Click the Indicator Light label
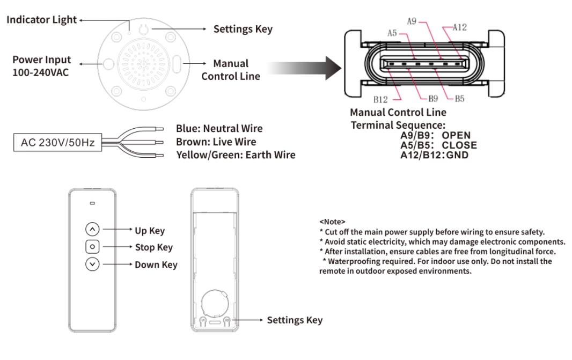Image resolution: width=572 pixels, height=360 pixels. pyautogui.click(x=42, y=20)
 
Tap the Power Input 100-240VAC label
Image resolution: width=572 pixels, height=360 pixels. pyautogui.click(x=41, y=65)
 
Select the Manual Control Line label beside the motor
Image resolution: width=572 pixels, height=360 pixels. pyautogui.click(x=231, y=70)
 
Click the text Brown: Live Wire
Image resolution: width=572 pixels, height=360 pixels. pyautogui.click(x=216, y=142)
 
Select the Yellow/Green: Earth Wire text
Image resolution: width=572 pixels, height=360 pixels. pyautogui.click(x=236, y=155)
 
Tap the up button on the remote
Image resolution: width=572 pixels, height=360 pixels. pyautogui.click(x=92, y=230)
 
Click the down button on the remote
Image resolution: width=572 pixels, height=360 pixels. pyautogui.click(x=92, y=264)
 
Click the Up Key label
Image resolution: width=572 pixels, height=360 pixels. pyautogui.click(x=150, y=231)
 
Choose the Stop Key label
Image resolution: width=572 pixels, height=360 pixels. pyautogui.click(x=153, y=248)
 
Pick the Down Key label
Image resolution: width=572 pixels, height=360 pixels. pyautogui.click(x=156, y=265)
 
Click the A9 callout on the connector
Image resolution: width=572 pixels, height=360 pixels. pyautogui.click(x=412, y=21)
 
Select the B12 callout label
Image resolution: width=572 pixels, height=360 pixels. pyautogui.click(x=380, y=99)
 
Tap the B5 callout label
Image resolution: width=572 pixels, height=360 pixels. pyautogui.click(x=459, y=99)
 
